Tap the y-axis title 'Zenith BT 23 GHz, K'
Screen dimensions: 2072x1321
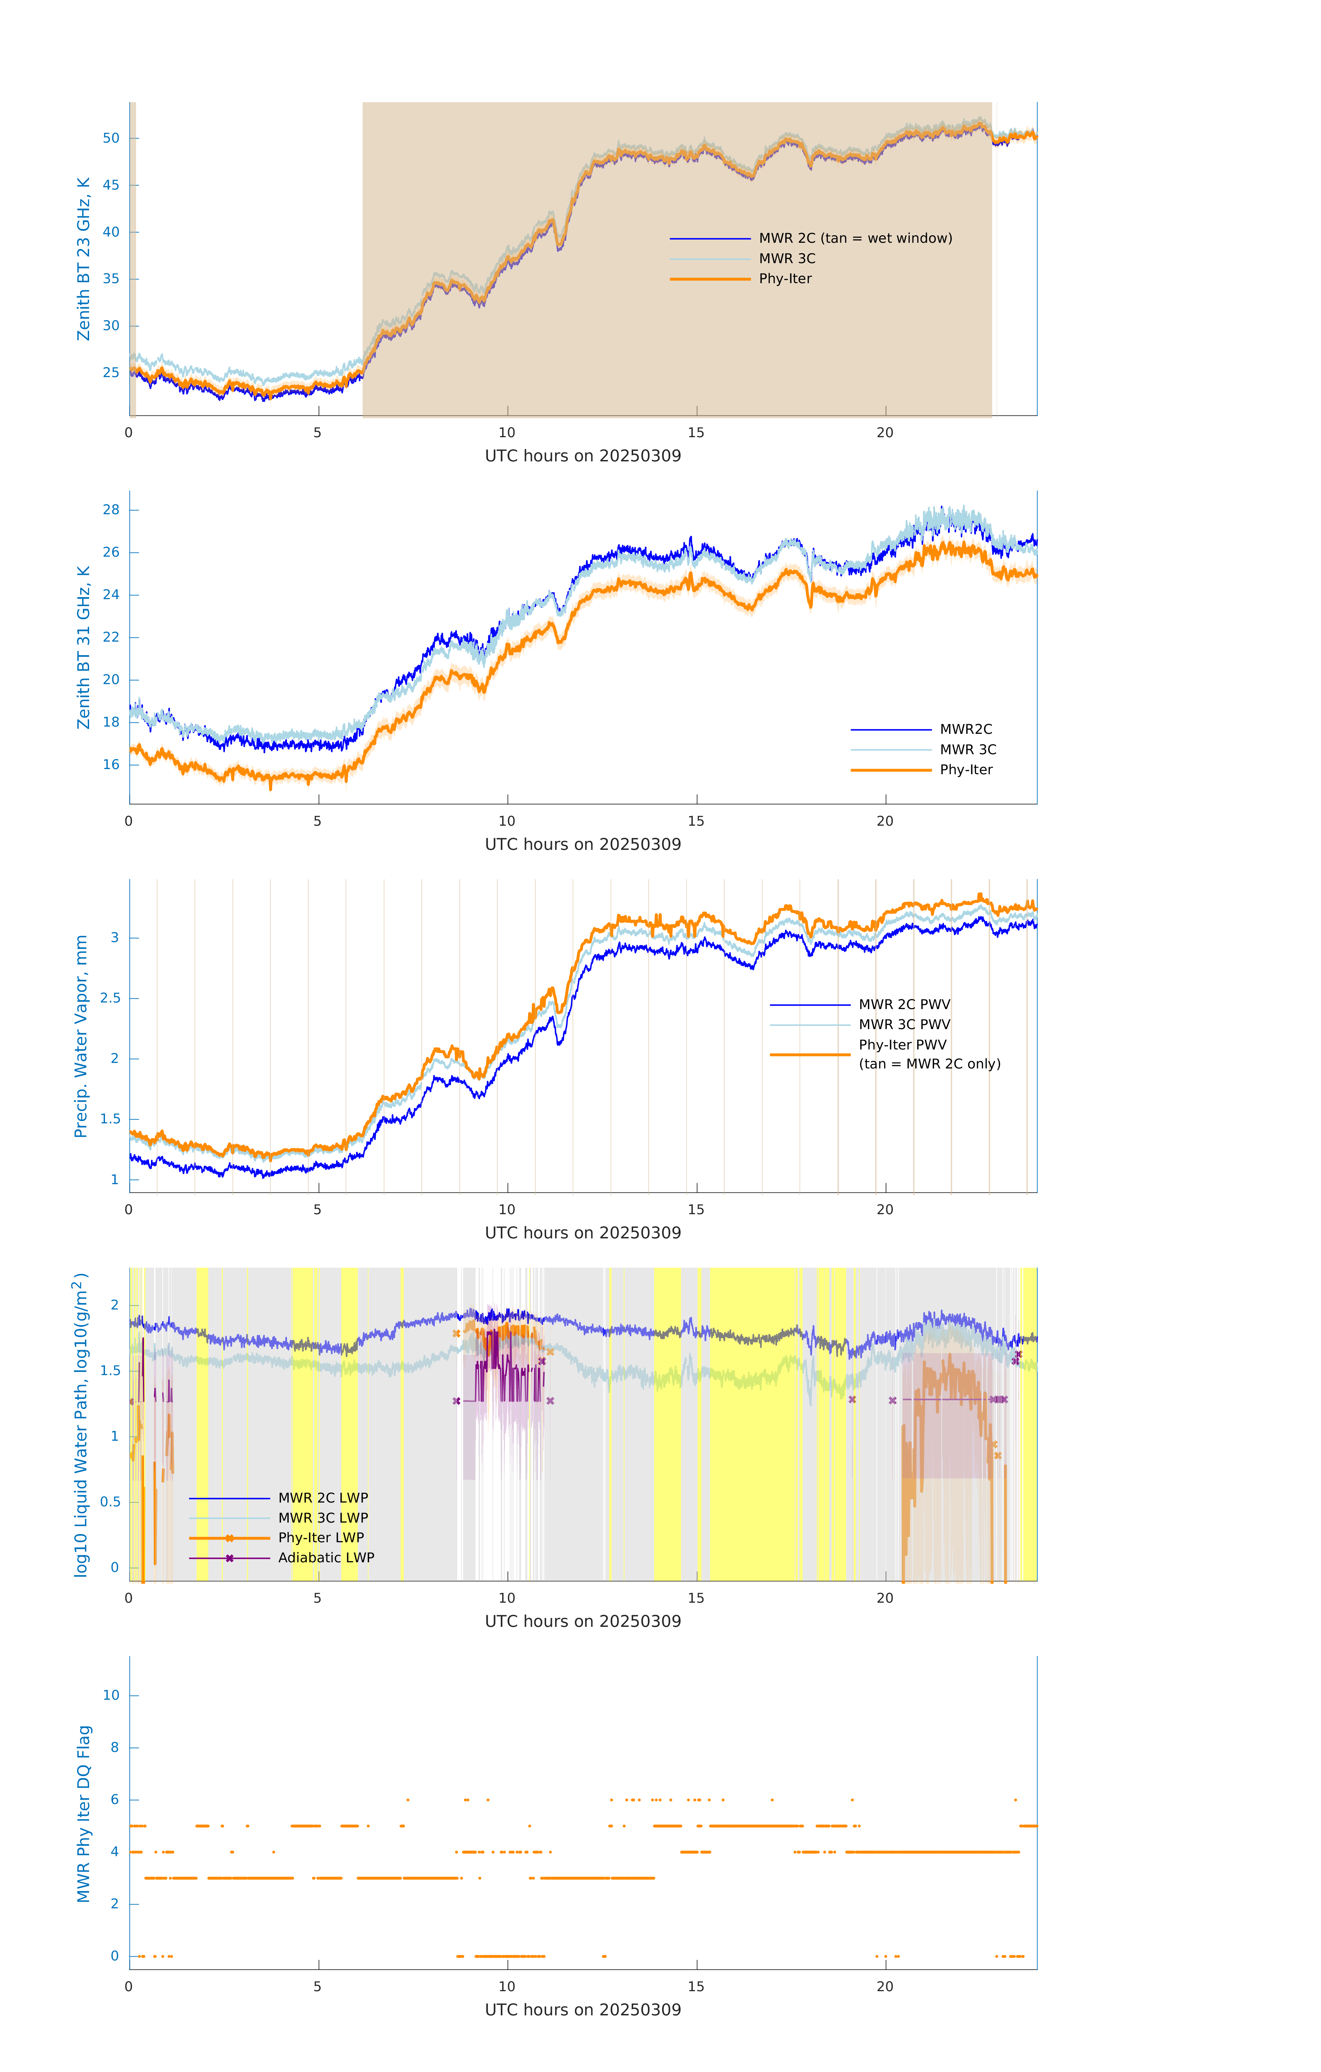pos(84,259)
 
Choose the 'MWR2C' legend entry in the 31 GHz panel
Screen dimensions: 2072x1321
pos(966,730)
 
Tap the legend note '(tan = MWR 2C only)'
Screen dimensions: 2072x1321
pos(929,1064)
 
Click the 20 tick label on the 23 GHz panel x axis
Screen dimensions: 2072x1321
pos(885,433)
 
